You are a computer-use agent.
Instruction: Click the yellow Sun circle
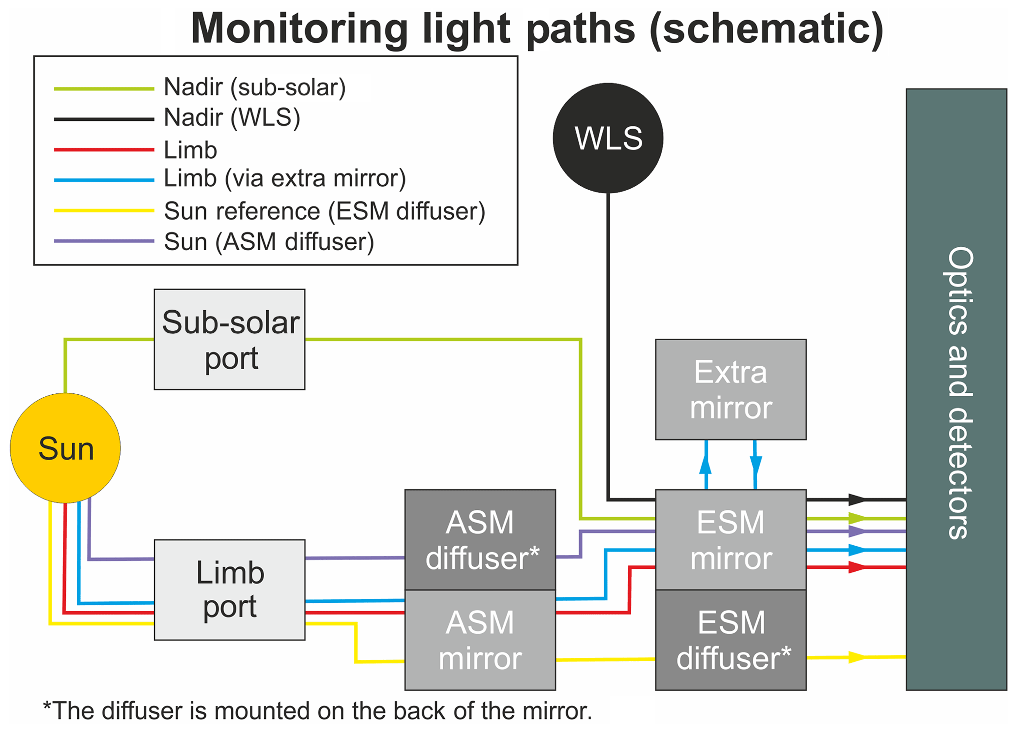click(65, 448)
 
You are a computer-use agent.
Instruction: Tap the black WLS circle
click(608, 138)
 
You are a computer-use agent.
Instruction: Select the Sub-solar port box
click(230, 340)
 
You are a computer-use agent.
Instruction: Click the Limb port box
click(230, 590)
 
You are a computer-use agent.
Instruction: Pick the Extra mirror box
click(731, 389)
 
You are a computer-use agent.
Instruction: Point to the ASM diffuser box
click(480, 540)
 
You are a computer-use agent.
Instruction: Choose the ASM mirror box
click(480, 640)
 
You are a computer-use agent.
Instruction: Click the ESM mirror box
click(731, 540)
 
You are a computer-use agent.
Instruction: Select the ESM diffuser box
click(731, 640)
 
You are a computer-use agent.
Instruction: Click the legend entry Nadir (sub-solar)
click(254, 88)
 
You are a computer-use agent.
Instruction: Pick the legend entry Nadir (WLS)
click(232, 118)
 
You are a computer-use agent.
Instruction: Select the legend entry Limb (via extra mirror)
click(284, 178)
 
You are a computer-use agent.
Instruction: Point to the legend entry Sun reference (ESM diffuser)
click(324, 211)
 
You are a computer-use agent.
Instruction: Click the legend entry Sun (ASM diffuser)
click(269, 242)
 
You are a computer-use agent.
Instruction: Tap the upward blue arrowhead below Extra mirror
click(706, 464)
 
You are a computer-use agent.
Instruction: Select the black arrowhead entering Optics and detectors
click(857, 500)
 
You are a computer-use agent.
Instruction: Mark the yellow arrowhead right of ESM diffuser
click(857, 657)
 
